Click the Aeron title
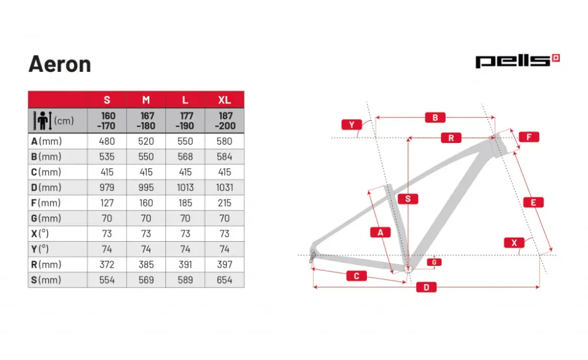point(59,64)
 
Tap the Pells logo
point(517,61)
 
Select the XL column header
point(224,100)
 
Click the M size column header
point(146,100)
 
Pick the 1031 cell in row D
point(224,188)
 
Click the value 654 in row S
point(224,280)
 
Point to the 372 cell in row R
point(107,265)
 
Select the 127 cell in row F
point(107,203)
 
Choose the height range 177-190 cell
point(185,121)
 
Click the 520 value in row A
point(146,141)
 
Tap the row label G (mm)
point(46,218)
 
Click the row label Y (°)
point(40,249)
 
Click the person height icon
point(42,121)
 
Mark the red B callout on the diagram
point(435,118)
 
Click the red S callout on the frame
point(407,199)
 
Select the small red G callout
point(434,262)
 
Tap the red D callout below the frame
point(426,287)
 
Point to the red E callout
point(533,202)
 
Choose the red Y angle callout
point(352,125)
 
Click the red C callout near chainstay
point(356,276)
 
